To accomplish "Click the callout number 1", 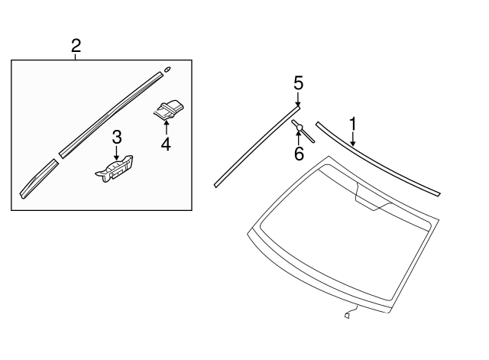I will point(353,123).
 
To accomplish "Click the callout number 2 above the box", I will point(76,45).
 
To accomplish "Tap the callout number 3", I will point(116,138).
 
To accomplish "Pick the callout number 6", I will point(299,154).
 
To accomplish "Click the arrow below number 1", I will point(353,138).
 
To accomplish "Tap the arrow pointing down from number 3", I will point(116,153).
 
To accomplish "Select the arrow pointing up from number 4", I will point(166,127).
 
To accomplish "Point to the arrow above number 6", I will point(299,138).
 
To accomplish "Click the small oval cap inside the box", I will point(167,70).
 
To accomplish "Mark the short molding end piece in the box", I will point(37,180).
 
